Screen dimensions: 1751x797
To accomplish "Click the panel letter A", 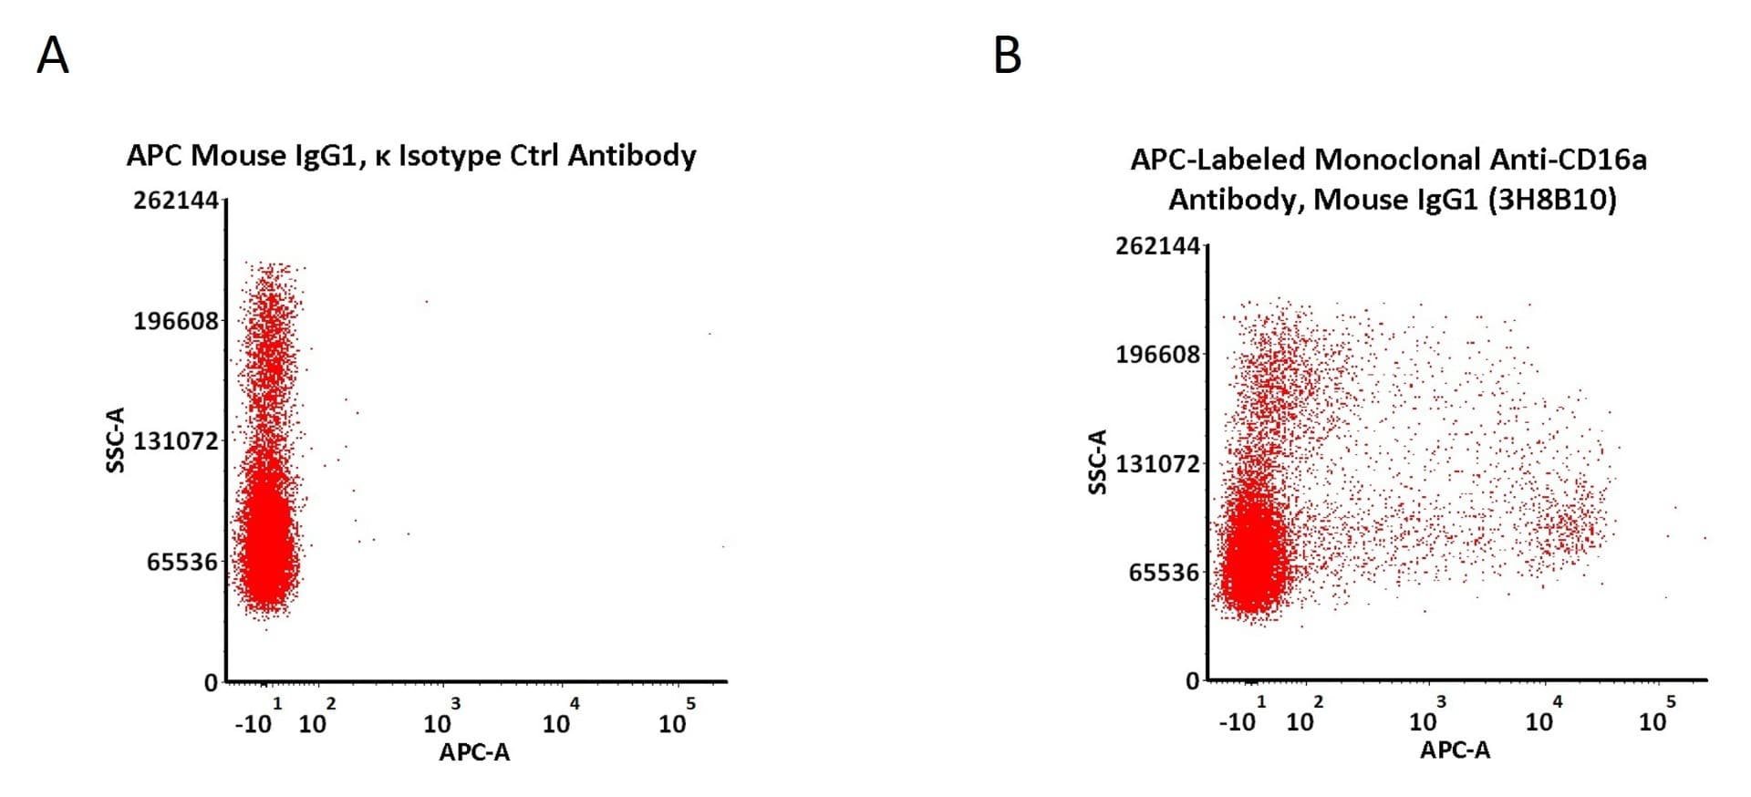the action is click(x=53, y=56).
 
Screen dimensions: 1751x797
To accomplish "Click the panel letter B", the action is click(x=1007, y=56).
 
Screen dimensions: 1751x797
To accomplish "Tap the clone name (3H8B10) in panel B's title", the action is click(x=1552, y=199).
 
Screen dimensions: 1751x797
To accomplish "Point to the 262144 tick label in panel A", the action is click(x=176, y=200).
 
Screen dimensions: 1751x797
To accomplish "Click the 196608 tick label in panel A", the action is click(x=176, y=321).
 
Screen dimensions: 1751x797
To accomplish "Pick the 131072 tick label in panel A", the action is click(x=176, y=441).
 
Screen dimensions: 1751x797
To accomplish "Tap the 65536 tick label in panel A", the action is click(x=182, y=562).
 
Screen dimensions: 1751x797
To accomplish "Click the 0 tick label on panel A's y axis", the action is click(x=212, y=682).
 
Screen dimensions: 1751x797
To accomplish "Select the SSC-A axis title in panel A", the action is click(x=115, y=440).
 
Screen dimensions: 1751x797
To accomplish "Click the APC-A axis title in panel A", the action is click(x=474, y=752).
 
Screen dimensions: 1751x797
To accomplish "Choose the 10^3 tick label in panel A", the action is click(x=442, y=718).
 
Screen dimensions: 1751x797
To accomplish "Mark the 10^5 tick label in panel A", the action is click(x=678, y=718).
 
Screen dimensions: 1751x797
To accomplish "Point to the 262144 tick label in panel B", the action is click(x=1158, y=245).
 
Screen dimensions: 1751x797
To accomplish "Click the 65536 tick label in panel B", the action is click(x=1165, y=573).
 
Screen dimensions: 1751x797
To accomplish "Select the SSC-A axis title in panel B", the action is click(x=1097, y=462).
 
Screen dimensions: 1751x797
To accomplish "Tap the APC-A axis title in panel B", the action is click(x=1456, y=750).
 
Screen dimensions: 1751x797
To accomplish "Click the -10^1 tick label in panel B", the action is click(x=1243, y=716).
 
